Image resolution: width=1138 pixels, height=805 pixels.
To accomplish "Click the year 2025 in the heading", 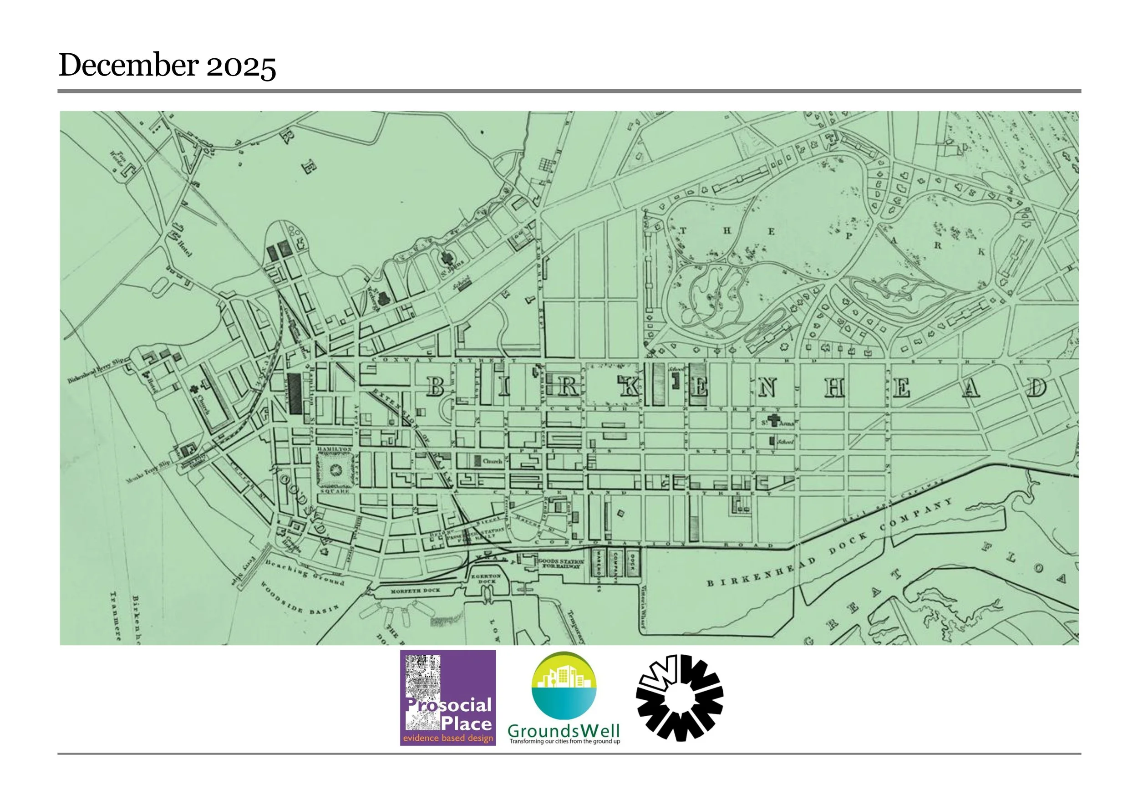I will click(241, 66).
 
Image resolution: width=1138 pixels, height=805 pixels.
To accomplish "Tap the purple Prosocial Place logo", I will click(447, 698).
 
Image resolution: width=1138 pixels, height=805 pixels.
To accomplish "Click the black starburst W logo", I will click(680, 698).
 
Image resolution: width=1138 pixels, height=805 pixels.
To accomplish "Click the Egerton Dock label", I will click(486, 578).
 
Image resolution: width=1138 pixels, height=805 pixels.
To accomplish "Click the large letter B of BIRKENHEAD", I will click(435, 386).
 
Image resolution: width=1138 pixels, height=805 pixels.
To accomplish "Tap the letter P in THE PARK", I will click(848, 236).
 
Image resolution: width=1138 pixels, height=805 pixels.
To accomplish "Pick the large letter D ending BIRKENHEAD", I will click(1036, 387).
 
